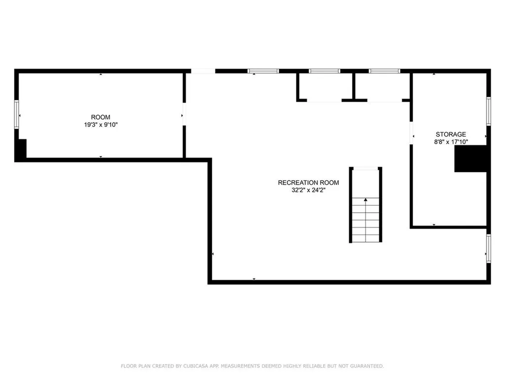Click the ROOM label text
101,117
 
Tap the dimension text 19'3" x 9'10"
101,125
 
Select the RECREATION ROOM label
308,183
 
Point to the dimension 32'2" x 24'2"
308,190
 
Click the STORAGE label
450,134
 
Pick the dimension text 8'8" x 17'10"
450,142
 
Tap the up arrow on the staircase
366,199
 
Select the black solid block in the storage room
470,159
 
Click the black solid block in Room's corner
21,150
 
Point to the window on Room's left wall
16,114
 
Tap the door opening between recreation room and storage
411,133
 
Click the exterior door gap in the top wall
203,71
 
